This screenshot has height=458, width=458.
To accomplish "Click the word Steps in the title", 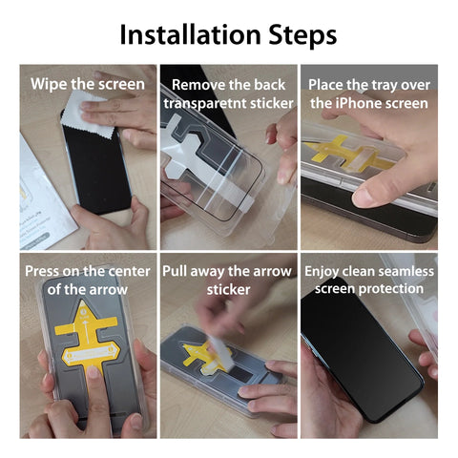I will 300,35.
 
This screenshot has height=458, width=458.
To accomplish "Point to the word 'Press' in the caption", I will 46,271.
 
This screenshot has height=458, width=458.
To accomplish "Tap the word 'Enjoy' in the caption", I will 325,271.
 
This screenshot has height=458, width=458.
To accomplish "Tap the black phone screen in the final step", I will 348,353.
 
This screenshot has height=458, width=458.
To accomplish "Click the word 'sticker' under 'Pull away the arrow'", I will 228,289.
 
